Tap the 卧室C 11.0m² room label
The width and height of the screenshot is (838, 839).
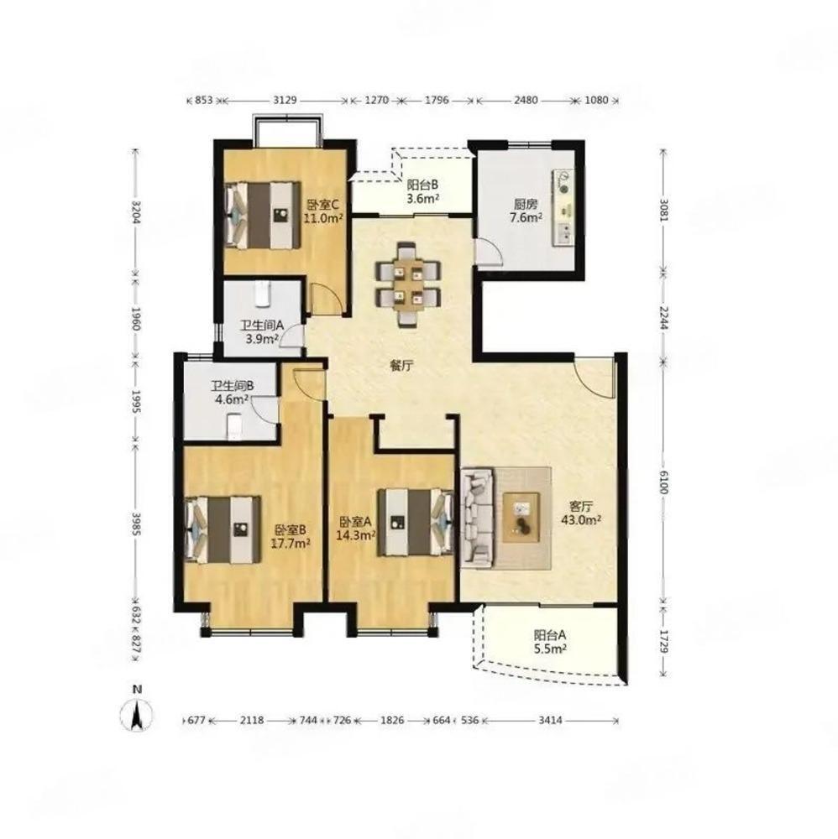(x=323, y=211)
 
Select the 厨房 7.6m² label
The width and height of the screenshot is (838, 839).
(x=526, y=211)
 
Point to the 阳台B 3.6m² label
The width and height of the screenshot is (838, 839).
(x=423, y=191)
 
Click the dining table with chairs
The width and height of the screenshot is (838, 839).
(x=409, y=284)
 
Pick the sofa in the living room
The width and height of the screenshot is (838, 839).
(x=478, y=518)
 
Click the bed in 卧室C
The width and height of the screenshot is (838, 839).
(x=262, y=215)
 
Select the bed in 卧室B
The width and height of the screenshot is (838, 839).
(x=223, y=529)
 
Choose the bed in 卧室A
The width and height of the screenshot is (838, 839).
(x=416, y=522)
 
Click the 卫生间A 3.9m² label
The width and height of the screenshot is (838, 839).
(x=261, y=332)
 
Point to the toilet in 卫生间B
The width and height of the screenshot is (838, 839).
(x=235, y=426)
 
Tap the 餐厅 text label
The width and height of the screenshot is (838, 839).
(x=401, y=366)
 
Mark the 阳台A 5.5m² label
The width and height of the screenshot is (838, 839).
(x=550, y=642)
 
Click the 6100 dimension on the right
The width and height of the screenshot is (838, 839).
(x=663, y=482)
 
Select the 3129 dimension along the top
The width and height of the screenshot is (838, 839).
(x=285, y=100)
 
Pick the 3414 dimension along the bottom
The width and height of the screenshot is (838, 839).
(x=550, y=720)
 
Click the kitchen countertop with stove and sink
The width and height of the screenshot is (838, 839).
(x=563, y=207)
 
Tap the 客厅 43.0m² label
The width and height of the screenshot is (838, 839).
(x=581, y=513)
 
